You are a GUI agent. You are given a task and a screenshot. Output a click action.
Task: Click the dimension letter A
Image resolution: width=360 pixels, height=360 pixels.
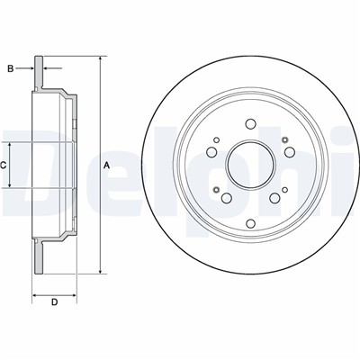click(106, 165)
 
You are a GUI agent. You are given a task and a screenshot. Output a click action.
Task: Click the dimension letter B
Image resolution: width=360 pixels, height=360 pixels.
click(11, 68)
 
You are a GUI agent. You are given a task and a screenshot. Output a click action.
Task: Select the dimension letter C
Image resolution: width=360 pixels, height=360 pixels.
click(3, 165)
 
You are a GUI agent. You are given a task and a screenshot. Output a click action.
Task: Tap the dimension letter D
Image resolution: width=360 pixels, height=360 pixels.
click(54, 301)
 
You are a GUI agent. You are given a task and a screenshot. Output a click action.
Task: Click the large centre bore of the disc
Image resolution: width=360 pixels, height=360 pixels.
click(251, 165)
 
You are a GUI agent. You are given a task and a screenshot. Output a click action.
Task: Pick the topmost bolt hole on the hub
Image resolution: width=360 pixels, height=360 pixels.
click(250, 123)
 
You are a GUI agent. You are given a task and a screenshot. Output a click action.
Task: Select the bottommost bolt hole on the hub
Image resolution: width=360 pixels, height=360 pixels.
click(250, 223)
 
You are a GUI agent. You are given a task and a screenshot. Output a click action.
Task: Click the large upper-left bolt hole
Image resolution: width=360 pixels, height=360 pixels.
click(211, 152)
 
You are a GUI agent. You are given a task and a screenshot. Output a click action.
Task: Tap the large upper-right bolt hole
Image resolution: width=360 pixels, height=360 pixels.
click(290, 152)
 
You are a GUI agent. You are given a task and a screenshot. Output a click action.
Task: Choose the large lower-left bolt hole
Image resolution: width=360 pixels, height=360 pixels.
click(226, 198)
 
